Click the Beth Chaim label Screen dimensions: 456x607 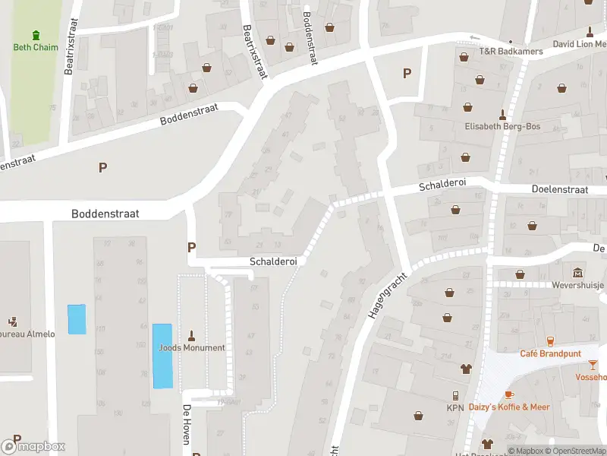[36, 47]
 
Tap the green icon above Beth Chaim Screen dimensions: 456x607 [36, 35]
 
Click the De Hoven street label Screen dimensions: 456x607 [186, 424]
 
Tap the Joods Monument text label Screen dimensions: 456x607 [192, 348]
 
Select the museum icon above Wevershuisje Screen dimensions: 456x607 [578, 272]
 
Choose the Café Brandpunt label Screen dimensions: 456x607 [550, 353]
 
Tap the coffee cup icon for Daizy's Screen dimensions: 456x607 [509, 394]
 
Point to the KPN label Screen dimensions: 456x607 [455, 407]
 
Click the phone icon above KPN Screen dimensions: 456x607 [455, 395]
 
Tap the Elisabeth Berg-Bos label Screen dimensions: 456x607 [502, 126]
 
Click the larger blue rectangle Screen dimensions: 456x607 [162, 356]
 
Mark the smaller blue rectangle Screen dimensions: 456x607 [77, 318]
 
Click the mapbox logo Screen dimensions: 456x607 [33, 447]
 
